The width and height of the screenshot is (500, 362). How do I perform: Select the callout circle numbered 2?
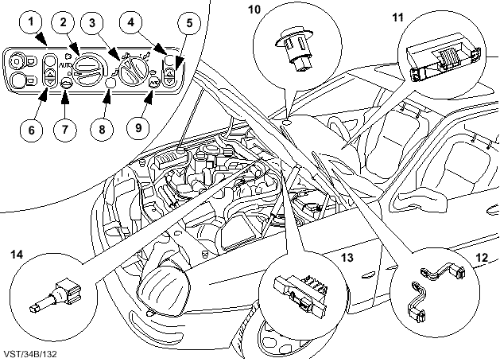point(66,23)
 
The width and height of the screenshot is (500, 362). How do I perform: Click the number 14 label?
point(16,255)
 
